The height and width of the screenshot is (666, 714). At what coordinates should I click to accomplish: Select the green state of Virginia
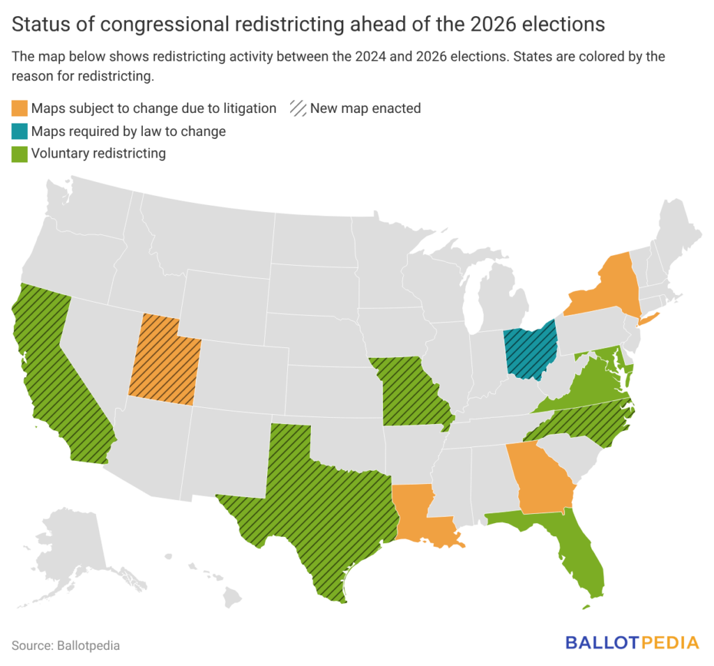point(586,387)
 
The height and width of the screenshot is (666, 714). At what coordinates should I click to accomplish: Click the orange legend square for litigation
point(20,109)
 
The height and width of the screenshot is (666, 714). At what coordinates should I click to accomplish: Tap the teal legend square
point(20,131)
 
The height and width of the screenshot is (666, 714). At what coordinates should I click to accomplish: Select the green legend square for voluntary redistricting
point(20,153)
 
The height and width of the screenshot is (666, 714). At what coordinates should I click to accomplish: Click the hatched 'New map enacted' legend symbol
point(298,109)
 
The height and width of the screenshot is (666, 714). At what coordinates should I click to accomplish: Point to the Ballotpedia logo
point(631,642)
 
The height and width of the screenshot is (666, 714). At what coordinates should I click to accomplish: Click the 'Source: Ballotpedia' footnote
point(66,645)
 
